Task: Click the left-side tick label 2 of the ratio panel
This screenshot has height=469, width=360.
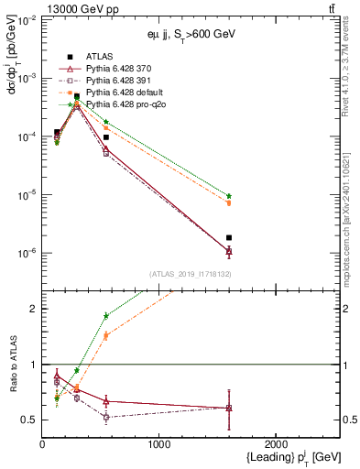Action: coord(32,309)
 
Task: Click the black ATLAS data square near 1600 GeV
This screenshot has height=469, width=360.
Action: coord(229,237)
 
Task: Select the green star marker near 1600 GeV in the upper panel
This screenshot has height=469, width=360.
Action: coord(229,196)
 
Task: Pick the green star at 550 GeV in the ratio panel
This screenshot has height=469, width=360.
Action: coord(106,316)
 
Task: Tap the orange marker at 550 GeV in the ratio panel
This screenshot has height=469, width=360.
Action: coord(106,335)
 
